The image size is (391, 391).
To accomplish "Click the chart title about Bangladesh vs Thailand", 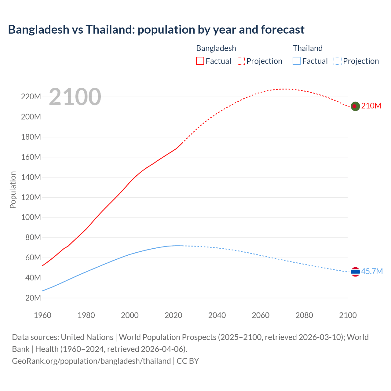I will pyautogui.click(x=156, y=30).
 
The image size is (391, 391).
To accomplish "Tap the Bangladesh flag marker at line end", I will pyautogui.click(x=355, y=106).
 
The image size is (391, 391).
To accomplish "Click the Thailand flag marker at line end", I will pyautogui.click(x=355, y=272).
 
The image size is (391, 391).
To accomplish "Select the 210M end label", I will pyautogui.click(x=371, y=106).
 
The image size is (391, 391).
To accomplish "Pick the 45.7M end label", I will pyautogui.click(x=372, y=271).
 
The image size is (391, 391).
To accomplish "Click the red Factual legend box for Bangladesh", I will pyautogui.click(x=200, y=61).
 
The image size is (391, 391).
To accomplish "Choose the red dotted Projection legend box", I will pyautogui.click(x=241, y=61).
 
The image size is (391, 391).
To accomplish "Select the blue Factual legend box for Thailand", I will pyautogui.click(x=297, y=61).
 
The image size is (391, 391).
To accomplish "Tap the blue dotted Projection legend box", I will pyautogui.click(x=338, y=61).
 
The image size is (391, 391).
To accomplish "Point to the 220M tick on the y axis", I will pyautogui.click(x=31, y=97).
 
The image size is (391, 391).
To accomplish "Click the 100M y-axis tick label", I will pyautogui.click(x=31, y=217).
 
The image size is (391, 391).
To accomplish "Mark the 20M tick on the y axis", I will pyautogui.click(x=33, y=298).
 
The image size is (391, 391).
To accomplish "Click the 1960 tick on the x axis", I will pyautogui.click(x=42, y=315).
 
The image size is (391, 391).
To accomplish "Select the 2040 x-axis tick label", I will pyautogui.click(x=217, y=315).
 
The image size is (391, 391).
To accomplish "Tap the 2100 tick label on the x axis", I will pyautogui.click(x=348, y=315).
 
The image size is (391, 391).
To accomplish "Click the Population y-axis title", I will pyautogui.click(x=13, y=190).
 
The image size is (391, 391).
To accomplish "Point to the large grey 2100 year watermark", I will pyautogui.click(x=75, y=97).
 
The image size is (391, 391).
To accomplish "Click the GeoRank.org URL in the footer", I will pyautogui.click(x=91, y=361).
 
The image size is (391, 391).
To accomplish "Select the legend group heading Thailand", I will pyautogui.click(x=308, y=48).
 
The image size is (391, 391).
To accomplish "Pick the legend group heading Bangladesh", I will pyautogui.click(x=216, y=48).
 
